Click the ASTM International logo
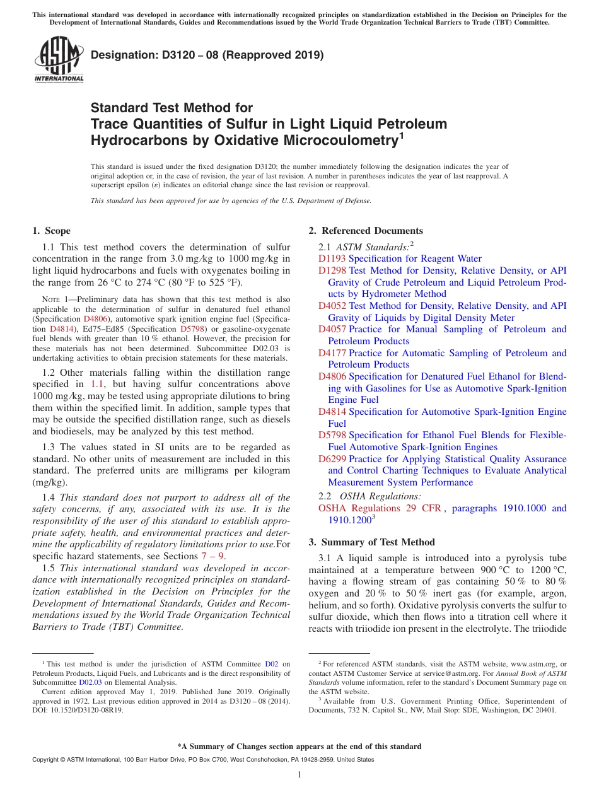pyautogui.click(x=59, y=60)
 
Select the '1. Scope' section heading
pyautogui.click(x=51, y=231)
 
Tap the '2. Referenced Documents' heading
pyautogui.click(x=366, y=231)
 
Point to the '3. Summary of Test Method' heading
pyautogui.click(x=371, y=542)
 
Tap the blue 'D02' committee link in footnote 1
pyautogui.click(x=271, y=664)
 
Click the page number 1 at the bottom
pyautogui.click(x=299, y=774)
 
